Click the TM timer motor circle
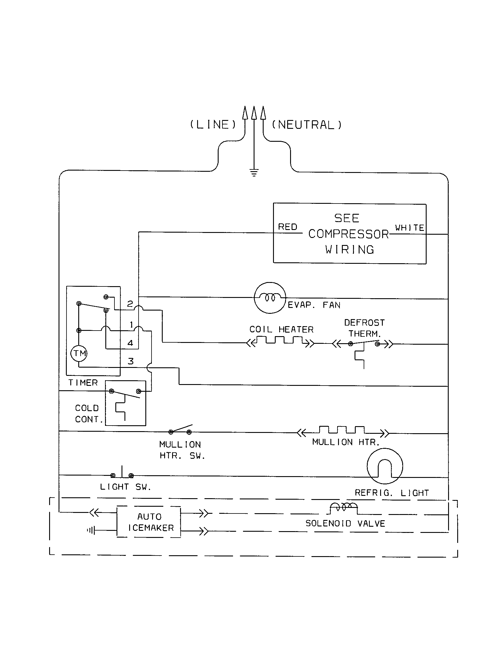[x=79, y=353]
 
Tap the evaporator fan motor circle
[x=270, y=298]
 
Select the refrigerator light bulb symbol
[x=385, y=466]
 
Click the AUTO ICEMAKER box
[x=149, y=522]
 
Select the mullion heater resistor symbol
[x=342, y=430]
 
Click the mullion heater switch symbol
[x=180, y=430]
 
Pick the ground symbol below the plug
[x=254, y=173]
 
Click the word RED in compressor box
[x=287, y=227]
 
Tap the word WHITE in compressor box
[x=410, y=228]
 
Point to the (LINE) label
[x=213, y=125]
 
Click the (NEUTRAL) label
[x=307, y=125]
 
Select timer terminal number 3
[x=131, y=361]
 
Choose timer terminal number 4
[x=130, y=343]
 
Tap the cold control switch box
[x=125, y=403]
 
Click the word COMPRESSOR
[x=348, y=234]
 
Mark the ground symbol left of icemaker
[x=91, y=530]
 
